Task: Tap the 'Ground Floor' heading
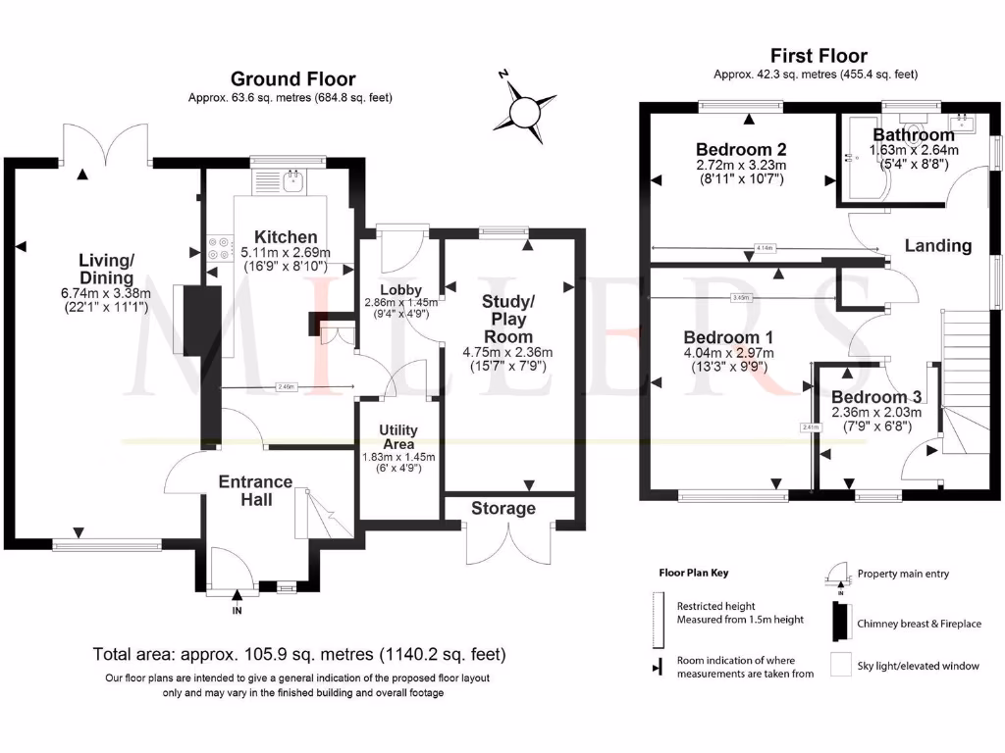[x=292, y=78]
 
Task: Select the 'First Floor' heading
[x=819, y=56]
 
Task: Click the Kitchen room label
[x=286, y=237]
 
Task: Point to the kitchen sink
[x=291, y=178]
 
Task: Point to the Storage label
[x=503, y=508]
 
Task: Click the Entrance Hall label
[x=255, y=490]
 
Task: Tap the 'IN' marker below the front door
[x=237, y=611]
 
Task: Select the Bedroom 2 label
[x=741, y=149]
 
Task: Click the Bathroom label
[x=914, y=134]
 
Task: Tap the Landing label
[x=937, y=245]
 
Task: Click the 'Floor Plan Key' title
[x=693, y=573]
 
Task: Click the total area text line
[x=299, y=654]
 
